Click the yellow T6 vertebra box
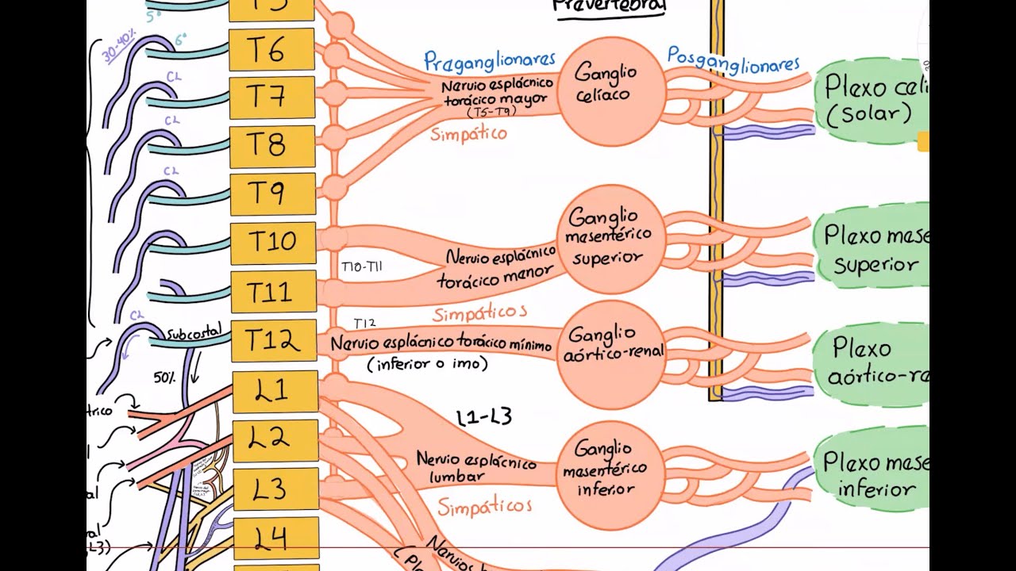click(x=271, y=50)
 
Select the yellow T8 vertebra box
click(x=272, y=146)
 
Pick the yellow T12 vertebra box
click(x=273, y=340)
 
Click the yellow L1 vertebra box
click(x=274, y=391)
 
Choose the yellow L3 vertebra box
click(x=275, y=489)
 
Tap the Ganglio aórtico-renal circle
click(x=610, y=353)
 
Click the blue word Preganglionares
click(x=489, y=60)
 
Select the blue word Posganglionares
click(x=733, y=59)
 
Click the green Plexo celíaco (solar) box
click(x=871, y=99)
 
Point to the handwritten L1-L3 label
click(x=484, y=417)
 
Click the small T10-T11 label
click(x=361, y=267)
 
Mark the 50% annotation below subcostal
click(x=164, y=377)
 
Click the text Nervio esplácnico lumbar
click(x=475, y=468)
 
